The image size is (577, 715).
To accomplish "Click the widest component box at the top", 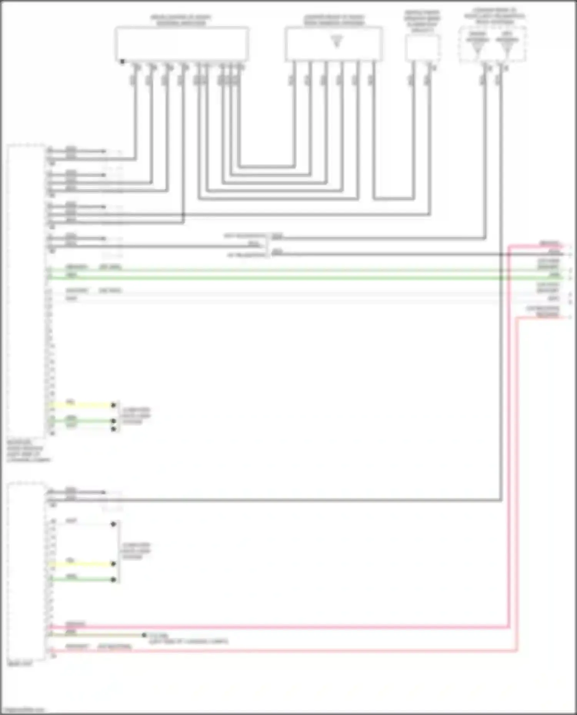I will (x=182, y=43).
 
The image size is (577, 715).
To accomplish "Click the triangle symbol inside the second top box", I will (x=337, y=41).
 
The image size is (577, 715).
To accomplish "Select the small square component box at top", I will (x=422, y=47).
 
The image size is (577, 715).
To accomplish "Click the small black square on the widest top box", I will (x=122, y=61).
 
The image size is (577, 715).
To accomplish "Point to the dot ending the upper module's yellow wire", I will (x=113, y=405).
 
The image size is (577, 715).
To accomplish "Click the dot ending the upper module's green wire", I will (x=113, y=421).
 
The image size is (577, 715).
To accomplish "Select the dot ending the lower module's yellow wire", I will (x=113, y=564).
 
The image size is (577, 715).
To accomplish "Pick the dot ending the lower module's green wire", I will (x=113, y=579).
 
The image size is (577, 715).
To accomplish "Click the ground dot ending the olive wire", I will (x=144, y=635).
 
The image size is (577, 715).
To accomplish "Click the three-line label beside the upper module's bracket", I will (x=136, y=416).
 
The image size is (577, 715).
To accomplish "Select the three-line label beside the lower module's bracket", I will (x=136, y=551).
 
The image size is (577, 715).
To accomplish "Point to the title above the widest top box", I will (x=181, y=20).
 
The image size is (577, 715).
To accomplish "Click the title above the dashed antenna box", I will (x=494, y=16).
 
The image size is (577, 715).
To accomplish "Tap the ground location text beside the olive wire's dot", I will (x=188, y=639).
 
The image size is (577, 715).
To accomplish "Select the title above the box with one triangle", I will (x=334, y=20).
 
